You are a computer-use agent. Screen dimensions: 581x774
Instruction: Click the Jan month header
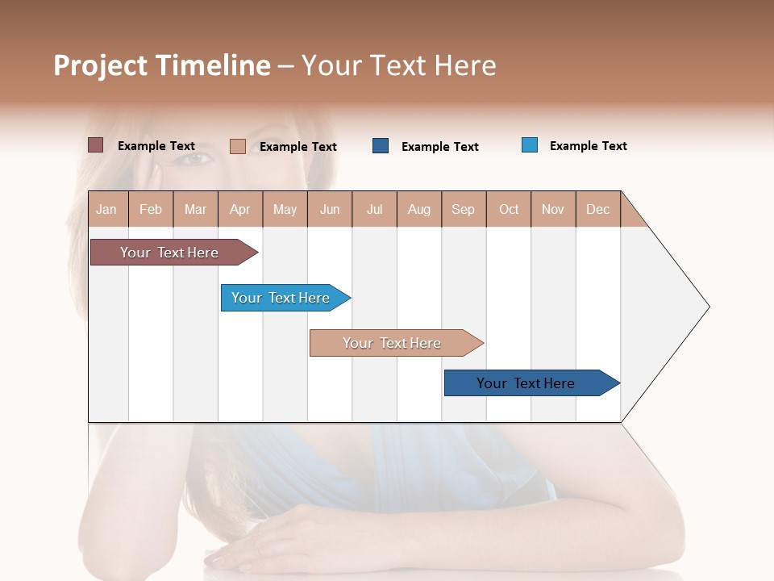click(107, 209)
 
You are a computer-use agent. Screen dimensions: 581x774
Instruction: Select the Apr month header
click(240, 209)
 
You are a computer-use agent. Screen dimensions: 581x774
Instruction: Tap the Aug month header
click(419, 209)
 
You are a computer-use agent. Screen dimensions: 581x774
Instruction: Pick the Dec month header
click(597, 209)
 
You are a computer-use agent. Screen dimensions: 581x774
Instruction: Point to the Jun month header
click(330, 209)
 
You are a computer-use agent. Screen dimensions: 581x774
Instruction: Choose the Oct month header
click(509, 209)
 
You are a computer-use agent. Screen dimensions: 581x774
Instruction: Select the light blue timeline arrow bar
click(282, 298)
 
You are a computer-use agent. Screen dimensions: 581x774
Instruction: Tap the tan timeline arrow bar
click(393, 343)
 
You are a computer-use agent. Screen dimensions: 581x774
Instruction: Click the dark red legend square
click(95, 145)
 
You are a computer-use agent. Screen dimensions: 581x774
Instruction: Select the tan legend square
click(237, 146)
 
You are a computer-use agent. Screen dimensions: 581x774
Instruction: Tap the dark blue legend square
click(381, 146)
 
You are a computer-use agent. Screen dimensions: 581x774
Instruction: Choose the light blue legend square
click(530, 145)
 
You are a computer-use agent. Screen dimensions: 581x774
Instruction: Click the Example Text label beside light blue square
click(588, 146)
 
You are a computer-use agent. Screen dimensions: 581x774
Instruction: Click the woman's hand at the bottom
click(266, 541)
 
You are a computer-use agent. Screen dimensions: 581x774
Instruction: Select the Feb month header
click(151, 209)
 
